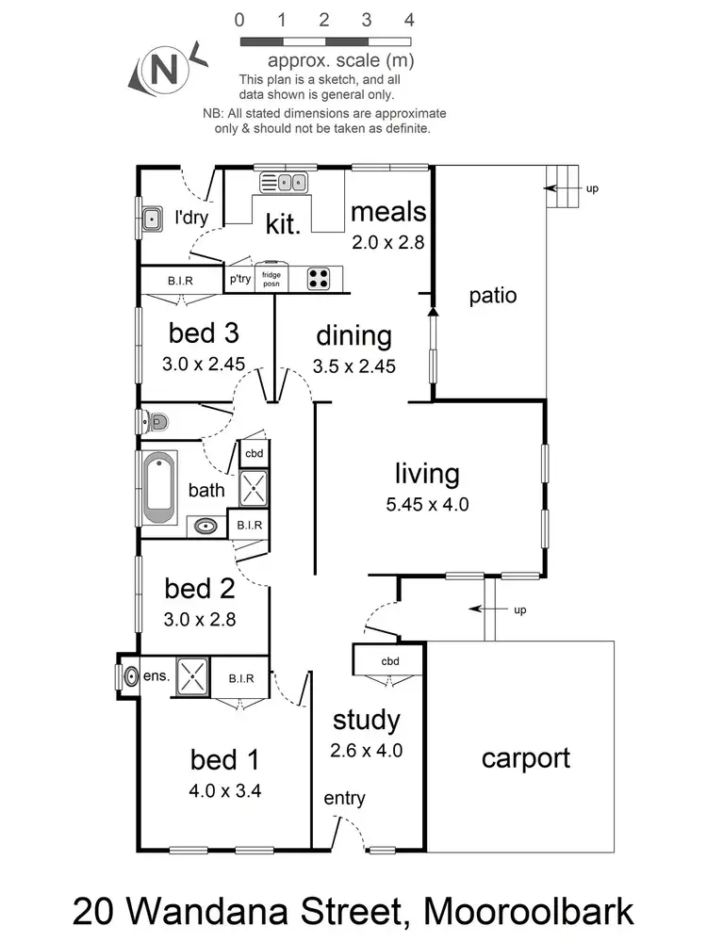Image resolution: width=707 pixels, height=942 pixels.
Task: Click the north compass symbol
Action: pos(163,69)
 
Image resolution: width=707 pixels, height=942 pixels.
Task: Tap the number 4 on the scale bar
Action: pos(408,20)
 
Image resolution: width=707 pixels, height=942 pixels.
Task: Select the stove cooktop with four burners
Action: pos(320,278)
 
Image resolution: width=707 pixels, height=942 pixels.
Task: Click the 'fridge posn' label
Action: pos(271,278)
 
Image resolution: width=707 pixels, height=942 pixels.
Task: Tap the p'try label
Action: pos(238,279)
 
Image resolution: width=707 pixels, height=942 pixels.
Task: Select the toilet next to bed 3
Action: pos(156,421)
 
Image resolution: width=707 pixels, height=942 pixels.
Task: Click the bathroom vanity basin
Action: pos(204,526)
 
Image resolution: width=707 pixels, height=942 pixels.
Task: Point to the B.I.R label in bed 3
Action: pos(180,280)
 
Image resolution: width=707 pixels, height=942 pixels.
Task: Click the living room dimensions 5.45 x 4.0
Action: pos(427,504)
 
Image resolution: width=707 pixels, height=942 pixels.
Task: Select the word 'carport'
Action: pos(525,758)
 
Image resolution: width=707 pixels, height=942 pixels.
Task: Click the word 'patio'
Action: pos(493,296)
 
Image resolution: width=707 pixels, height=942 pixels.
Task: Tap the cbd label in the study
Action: pos(390,661)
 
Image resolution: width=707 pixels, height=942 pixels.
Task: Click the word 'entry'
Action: pos(344,799)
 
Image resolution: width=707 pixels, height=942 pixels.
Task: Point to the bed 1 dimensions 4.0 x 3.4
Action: pos(225,790)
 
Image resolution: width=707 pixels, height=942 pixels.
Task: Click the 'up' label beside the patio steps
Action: pos(592,188)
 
